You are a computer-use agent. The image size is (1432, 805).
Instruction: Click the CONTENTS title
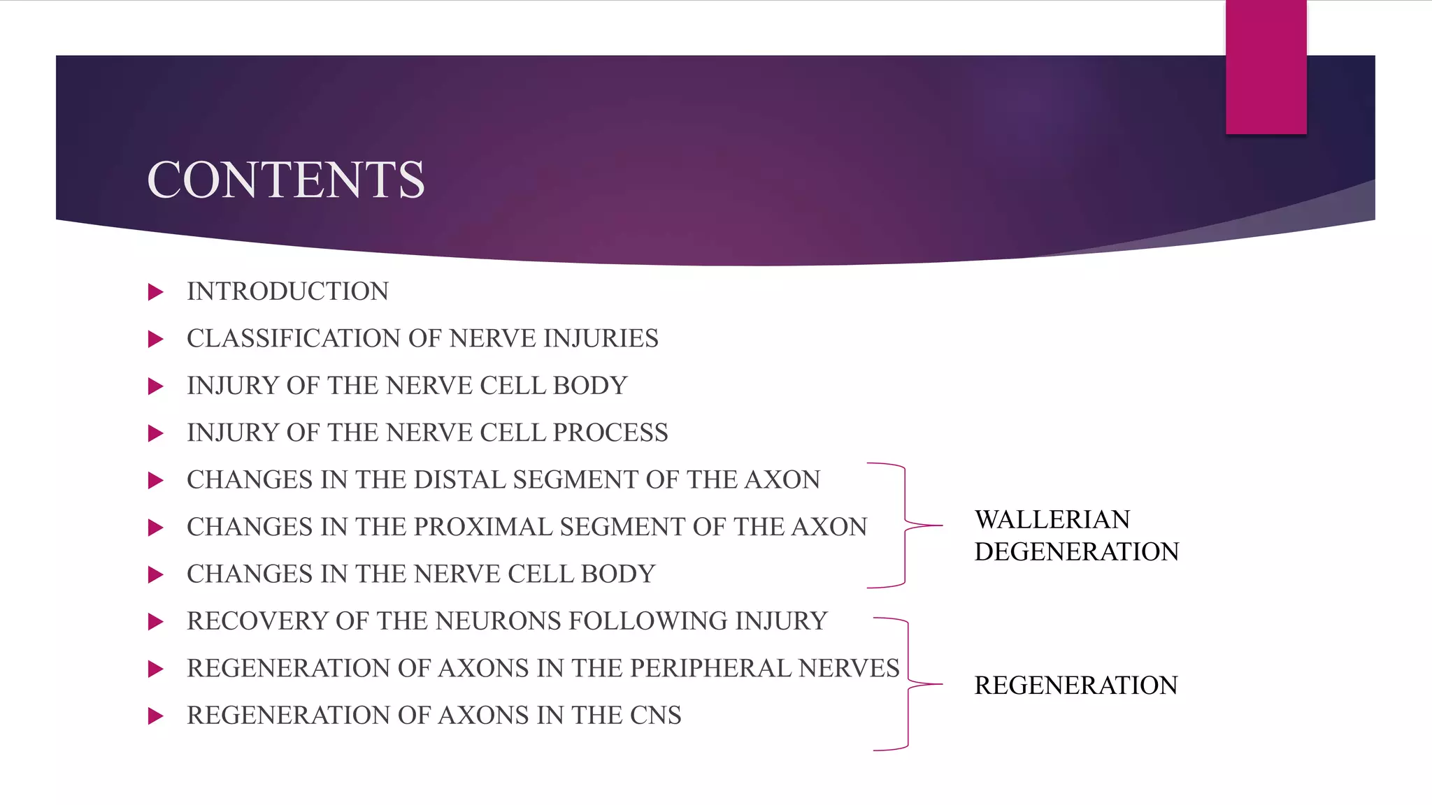tap(285, 180)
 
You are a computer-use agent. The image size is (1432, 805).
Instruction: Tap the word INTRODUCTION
tap(287, 291)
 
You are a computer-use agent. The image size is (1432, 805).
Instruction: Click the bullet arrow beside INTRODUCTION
tap(155, 292)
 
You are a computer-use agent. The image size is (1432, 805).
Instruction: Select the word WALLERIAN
tap(1052, 520)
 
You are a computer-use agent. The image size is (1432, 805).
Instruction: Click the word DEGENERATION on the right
tap(1077, 552)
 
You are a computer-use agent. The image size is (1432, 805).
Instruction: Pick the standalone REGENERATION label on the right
tap(1076, 686)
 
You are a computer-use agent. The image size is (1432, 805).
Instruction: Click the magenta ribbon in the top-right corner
tap(1266, 66)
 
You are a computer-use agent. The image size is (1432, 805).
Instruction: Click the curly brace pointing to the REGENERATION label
tap(908, 684)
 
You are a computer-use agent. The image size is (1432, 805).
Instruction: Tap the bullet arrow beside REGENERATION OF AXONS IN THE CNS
tap(155, 716)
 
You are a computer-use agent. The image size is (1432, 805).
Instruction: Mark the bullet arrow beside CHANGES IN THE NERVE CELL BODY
tap(155, 575)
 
